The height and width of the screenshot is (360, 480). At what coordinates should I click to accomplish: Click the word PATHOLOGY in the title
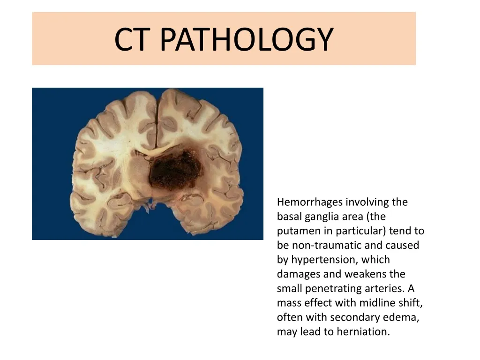coord(247,39)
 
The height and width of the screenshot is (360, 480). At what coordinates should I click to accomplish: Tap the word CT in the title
coord(133,39)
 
